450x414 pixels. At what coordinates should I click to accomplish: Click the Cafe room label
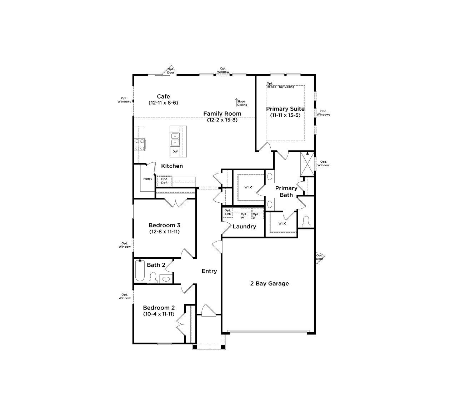pos(163,96)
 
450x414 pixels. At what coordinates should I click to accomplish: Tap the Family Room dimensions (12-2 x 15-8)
pos(222,120)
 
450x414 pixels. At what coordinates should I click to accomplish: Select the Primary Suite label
pos(285,109)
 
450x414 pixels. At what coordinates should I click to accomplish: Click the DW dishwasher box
pos(175,152)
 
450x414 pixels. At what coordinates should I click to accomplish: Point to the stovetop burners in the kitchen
pos(140,145)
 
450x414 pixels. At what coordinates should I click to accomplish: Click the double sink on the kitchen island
pos(175,139)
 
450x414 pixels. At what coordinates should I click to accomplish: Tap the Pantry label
pos(147,179)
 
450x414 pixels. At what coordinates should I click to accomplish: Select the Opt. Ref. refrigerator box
pos(164,181)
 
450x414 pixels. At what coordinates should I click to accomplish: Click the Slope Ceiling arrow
pos(236,102)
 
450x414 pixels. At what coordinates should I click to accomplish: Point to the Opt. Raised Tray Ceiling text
pos(280,85)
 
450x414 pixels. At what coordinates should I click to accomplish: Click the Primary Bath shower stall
pos(307,164)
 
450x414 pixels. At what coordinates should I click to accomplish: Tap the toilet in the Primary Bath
pos(306,222)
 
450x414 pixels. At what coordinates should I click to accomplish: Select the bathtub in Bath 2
pos(140,271)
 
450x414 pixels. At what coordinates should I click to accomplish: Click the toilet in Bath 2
pos(153,277)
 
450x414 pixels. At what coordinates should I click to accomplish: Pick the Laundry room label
pos(244,227)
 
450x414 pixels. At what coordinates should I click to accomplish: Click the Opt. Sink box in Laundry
pos(228,213)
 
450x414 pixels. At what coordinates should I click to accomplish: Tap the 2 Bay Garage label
pos(269,283)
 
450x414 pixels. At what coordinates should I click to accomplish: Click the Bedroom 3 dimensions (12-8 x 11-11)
pos(164,232)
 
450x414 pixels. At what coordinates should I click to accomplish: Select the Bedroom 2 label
pos(159,308)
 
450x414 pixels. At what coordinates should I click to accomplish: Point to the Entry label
pos(209,271)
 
